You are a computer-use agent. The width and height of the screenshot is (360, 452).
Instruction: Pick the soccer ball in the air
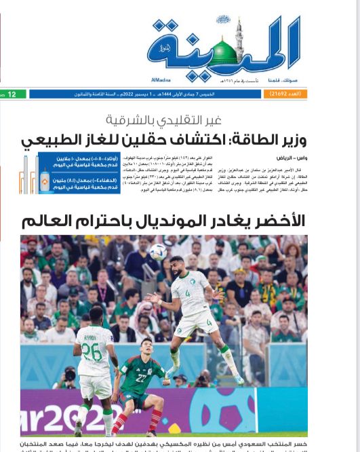[158, 251]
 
